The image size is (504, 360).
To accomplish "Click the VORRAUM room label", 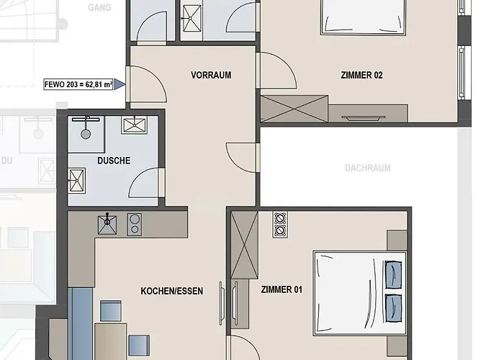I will click(211, 75).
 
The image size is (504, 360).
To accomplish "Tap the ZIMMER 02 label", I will click(361, 75).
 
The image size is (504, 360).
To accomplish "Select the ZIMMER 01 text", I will click(282, 290).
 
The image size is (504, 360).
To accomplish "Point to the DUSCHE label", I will click(114, 161).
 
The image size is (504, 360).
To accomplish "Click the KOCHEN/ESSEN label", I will click(171, 291).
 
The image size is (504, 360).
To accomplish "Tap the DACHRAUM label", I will click(367, 168).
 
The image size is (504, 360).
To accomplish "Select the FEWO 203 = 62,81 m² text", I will click(78, 84).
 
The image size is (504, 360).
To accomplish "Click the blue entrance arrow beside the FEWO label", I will click(120, 84).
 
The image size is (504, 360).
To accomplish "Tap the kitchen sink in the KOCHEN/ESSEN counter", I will click(108, 225).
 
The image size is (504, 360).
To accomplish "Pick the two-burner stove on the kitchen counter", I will click(134, 225).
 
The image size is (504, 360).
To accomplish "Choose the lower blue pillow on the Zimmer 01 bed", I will click(393, 307).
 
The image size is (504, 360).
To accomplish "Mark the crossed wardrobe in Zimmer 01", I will click(244, 245).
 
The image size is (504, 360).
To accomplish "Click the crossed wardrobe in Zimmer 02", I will click(295, 109).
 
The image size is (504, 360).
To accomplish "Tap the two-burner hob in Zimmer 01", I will click(280, 225).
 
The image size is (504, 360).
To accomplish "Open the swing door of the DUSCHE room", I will click(146, 182).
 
